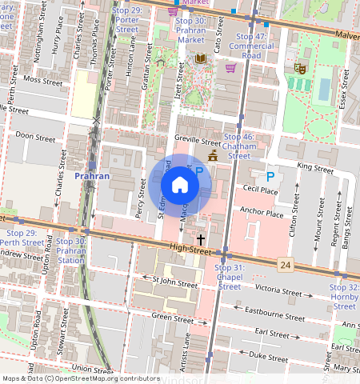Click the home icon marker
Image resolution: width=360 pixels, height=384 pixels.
pyautogui.click(x=180, y=185)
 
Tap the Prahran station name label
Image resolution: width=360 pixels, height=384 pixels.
pyautogui.click(x=91, y=175)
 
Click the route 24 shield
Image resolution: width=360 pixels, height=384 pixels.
pyautogui.click(x=285, y=264)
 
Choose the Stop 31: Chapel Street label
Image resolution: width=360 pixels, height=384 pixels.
pyautogui.click(x=230, y=276)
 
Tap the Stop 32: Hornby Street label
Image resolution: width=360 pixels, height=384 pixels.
pyautogui.click(x=344, y=296)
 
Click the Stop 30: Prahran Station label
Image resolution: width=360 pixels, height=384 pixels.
pyautogui.click(x=71, y=250)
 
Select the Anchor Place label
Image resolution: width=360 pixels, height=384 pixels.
pyautogui.click(x=262, y=214)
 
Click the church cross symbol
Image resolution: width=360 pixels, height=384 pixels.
pyautogui.click(x=200, y=239)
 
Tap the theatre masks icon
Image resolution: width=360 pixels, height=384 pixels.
pyautogui.click(x=300, y=70)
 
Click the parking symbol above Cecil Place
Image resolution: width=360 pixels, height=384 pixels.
pyautogui.click(x=270, y=176)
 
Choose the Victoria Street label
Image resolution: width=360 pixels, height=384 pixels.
pyautogui.click(x=278, y=290)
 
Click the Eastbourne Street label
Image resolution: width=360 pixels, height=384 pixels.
pyautogui.click(x=273, y=313)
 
